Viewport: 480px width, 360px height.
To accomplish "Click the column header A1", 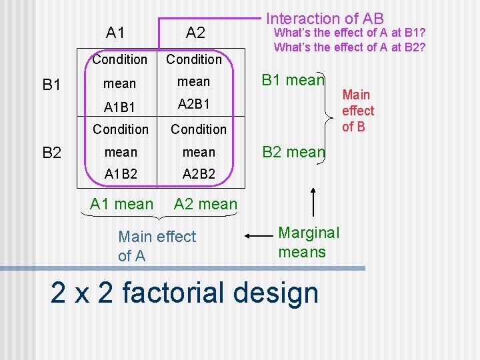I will point(115,32).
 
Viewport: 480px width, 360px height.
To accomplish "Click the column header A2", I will point(195,32).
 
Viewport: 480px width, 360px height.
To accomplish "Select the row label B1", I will point(52,85).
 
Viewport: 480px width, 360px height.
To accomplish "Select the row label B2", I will point(52,153).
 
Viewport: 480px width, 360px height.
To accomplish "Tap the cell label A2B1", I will point(194,104).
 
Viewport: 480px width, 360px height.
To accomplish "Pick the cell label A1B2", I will point(121,174).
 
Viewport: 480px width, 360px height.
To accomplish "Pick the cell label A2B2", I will point(199,174).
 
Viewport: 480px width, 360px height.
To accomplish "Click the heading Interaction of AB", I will point(325,19).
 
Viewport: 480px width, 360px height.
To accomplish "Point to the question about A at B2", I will point(349,47).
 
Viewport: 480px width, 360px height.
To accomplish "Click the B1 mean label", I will point(293,81).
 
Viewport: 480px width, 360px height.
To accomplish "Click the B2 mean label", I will point(293,152).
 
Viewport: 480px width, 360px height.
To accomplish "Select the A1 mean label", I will point(121,204).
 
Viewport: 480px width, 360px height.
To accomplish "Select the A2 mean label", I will point(205,204).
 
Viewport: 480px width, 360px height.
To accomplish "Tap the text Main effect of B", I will point(358,111).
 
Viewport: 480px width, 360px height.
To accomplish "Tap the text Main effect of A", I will point(157,245).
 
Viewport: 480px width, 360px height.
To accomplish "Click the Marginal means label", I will point(308,242).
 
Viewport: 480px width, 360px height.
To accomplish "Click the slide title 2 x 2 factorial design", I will point(185,293).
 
